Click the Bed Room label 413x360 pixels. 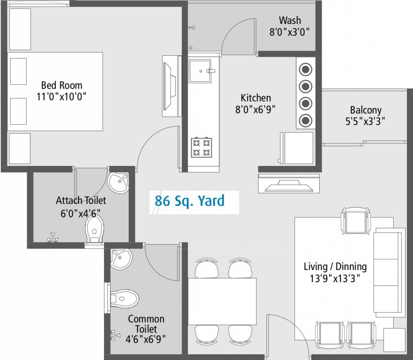click(x=61, y=85)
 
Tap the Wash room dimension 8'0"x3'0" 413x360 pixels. click(x=290, y=32)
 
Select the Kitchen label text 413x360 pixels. click(x=255, y=98)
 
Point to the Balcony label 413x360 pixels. click(x=366, y=111)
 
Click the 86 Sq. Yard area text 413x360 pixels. click(x=190, y=201)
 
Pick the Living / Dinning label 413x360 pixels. click(x=335, y=267)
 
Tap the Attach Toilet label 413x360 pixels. click(x=81, y=201)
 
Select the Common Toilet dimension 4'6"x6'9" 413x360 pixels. click(x=145, y=338)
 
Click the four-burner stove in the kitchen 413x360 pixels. click(x=201, y=147)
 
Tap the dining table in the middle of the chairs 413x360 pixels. click(x=222, y=301)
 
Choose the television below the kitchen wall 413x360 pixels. click(x=288, y=184)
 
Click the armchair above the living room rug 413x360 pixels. click(x=356, y=221)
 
